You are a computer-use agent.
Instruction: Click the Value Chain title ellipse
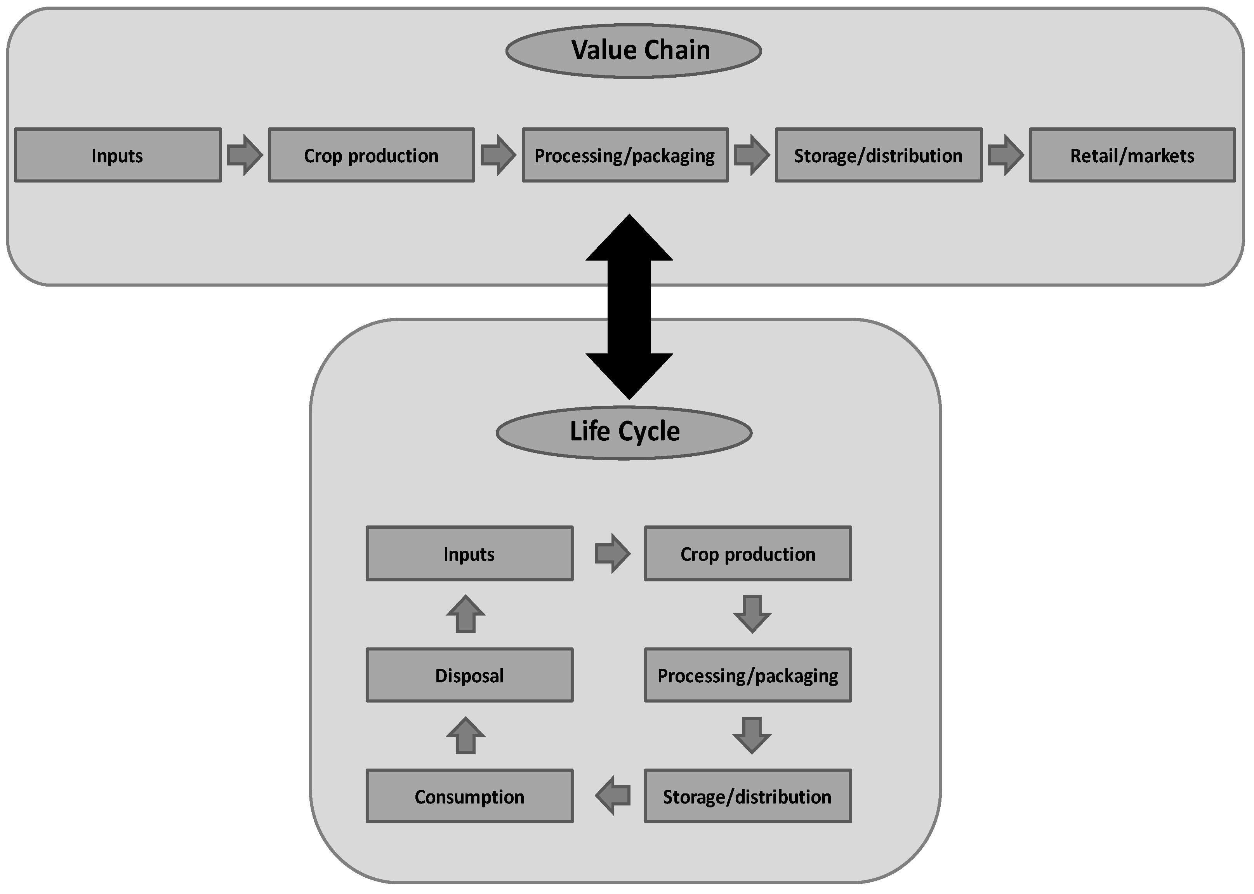(x=633, y=50)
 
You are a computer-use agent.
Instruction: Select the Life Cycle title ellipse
(x=624, y=433)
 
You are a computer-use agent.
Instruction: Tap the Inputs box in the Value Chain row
(x=118, y=155)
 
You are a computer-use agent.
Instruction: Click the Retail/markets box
(x=1132, y=155)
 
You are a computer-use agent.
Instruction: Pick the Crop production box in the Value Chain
(x=372, y=155)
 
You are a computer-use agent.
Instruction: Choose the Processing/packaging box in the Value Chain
(x=625, y=155)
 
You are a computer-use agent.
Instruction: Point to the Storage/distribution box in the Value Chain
(x=879, y=155)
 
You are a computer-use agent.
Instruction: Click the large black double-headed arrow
(x=629, y=307)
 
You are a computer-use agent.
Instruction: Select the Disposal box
(x=469, y=675)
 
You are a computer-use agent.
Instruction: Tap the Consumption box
(x=469, y=796)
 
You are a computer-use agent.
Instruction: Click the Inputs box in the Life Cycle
(x=469, y=554)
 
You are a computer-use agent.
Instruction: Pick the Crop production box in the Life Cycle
(x=748, y=554)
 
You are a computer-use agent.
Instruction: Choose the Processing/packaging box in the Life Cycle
(x=748, y=675)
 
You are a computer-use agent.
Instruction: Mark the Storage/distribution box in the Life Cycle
(x=748, y=796)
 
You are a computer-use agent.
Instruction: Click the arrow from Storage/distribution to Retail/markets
(x=1005, y=155)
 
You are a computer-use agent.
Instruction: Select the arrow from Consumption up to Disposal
(x=465, y=736)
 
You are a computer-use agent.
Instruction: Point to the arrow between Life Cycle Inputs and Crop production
(x=612, y=553)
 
